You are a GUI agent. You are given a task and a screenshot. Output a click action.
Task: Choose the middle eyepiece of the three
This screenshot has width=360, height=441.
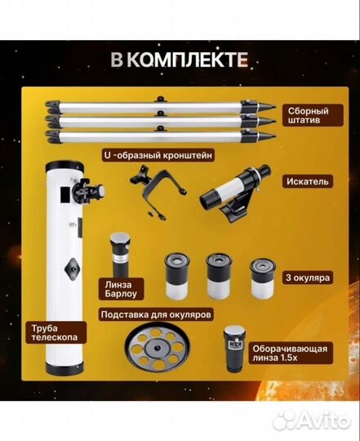click(218, 273)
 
